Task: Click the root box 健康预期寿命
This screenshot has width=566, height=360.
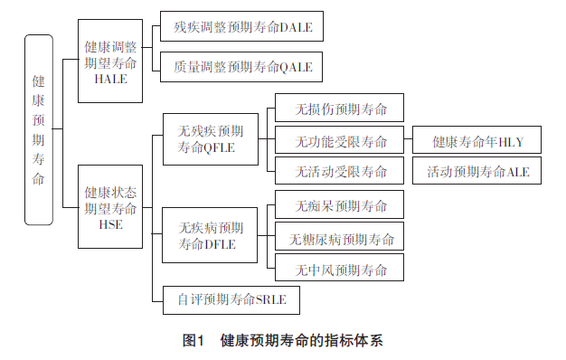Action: point(38,129)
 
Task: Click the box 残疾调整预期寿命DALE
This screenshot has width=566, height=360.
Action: point(242,27)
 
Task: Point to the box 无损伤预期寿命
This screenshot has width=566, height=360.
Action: point(339,108)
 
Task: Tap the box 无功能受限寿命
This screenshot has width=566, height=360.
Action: point(339,141)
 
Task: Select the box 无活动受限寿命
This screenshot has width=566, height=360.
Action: point(339,170)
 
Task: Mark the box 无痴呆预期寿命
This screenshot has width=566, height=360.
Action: point(339,204)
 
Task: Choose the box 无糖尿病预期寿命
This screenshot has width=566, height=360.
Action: point(339,239)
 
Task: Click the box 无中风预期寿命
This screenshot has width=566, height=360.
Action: point(339,270)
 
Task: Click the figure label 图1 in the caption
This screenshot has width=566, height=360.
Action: point(193,340)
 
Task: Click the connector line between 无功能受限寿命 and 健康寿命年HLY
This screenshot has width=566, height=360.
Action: point(408,141)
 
